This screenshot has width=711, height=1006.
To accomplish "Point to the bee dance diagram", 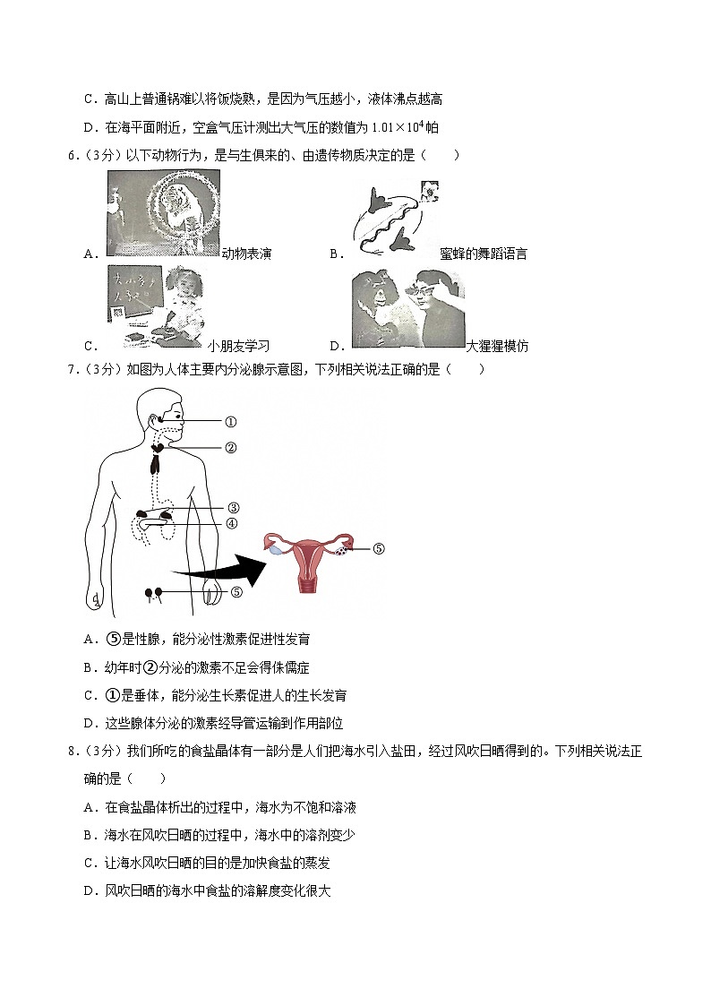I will pos(393,216).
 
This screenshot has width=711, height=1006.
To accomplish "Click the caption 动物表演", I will pos(246,254).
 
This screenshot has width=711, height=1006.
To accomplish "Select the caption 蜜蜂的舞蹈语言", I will pos(484,254).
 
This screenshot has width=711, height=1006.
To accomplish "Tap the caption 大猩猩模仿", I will pos(498,347).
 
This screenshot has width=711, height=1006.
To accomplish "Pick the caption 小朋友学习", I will pos(238,347).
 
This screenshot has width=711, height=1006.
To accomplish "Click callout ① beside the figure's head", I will pos(229,421).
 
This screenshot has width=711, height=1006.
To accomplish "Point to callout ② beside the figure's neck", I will pos(229,448).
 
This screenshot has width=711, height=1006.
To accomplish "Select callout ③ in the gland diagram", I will pos(232,509).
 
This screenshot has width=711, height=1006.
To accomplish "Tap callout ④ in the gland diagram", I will pos(232,524).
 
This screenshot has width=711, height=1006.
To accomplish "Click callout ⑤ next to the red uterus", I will pos(377,549).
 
